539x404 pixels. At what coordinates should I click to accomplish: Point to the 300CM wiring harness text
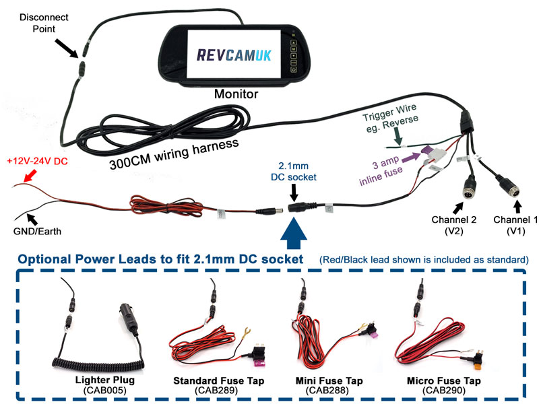(x=174, y=151)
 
